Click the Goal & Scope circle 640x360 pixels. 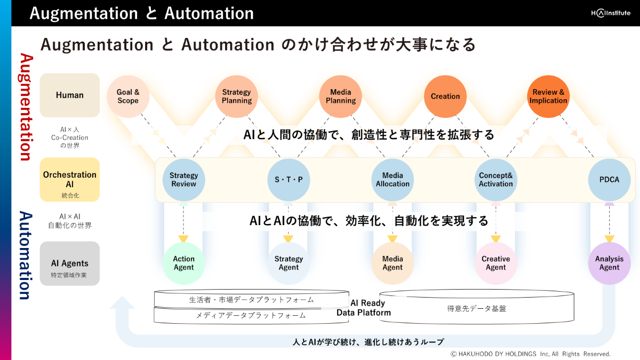coord(128,97)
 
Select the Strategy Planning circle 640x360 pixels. coord(237,97)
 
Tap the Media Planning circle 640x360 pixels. coord(341,97)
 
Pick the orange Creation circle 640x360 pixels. coord(445,97)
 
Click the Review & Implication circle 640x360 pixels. coord(548,97)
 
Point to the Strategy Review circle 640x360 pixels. coord(183,180)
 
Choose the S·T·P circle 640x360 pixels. coord(289,180)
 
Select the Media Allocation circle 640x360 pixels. coord(393,180)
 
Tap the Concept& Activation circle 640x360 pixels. coord(496,180)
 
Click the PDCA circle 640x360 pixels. coord(609,180)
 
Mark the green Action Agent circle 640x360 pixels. coord(183,263)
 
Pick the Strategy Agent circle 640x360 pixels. coord(289,263)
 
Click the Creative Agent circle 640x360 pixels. coord(496,263)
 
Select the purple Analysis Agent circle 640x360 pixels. coord(609,263)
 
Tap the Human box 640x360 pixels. coord(70,95)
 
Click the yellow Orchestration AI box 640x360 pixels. coord(70,180)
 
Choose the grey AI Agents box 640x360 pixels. coord(70,263)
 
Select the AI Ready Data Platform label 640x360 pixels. coord(364,308)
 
